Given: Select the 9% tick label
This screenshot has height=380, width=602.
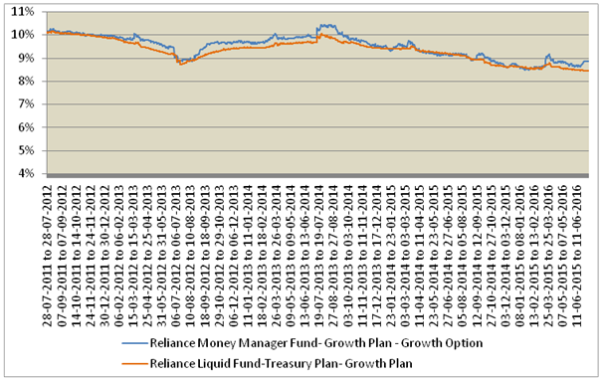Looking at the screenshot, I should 25,58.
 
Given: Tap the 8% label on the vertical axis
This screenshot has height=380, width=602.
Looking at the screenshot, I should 25,81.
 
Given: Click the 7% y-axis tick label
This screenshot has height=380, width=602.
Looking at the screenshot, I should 25,104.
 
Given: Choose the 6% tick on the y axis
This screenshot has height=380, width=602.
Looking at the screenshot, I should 25,127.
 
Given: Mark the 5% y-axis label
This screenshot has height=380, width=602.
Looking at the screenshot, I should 25,151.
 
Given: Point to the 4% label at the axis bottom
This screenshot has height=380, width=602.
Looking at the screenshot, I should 25,174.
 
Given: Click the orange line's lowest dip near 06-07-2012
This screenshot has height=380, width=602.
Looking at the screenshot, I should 181,64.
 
